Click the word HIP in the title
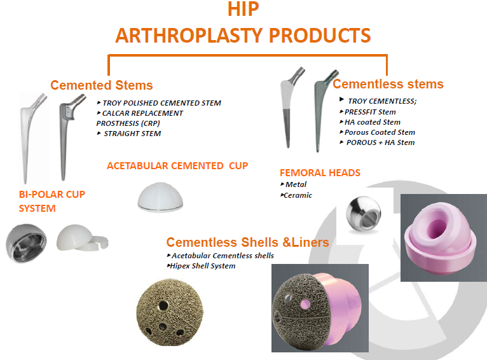[243, 9]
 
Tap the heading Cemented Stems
[102, 85]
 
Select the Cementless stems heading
[388, 84]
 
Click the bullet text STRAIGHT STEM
[132, 134]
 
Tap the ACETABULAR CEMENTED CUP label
[177, 166]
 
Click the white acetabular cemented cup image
[160, 197]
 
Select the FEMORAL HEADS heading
[320, 173]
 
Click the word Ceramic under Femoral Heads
[298, 195]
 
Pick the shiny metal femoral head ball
[364, 214]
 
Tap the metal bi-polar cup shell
[27, 243]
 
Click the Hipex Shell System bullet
[203, 266]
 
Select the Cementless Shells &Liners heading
[247, 242]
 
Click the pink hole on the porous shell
[306, 304]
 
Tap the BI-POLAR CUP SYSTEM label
[52, 201]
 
